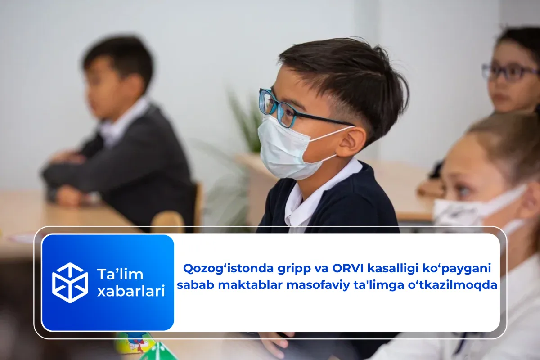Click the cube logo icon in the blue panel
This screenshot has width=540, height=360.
(x=70, y=283)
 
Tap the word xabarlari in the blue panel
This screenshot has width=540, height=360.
(x=131, y=291)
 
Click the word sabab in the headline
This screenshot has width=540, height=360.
(x=192, y=285)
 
